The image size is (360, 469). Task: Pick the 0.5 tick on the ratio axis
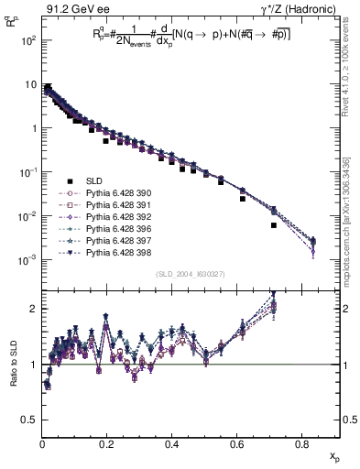(x=31, y=420)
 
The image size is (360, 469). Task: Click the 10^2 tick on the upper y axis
(x=29, y=41)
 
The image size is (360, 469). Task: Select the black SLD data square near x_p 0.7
(x=274, y=225)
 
